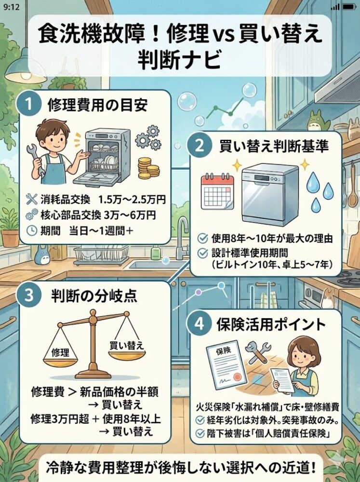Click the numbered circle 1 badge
point(29,104)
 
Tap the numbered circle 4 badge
point(199,324)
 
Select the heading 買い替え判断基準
point(274,147)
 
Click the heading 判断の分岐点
point(94,296)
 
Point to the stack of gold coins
point(148,168)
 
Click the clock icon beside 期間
point(32,231)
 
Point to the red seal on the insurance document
point(237,377)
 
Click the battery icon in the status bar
point(349,6)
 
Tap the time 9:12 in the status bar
point(12,7)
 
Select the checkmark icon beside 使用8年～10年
point(202,238)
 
